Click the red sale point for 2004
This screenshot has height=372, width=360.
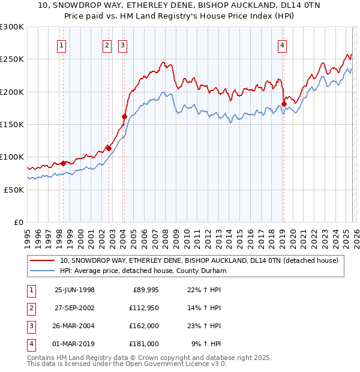(124, 116)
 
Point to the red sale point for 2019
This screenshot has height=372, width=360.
(283, 104)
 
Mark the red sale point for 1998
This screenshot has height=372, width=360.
(63, 163)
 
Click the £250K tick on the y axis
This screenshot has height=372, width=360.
(13, 59)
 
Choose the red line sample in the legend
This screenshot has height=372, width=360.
(42, 260)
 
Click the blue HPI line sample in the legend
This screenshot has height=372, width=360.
(42, 271)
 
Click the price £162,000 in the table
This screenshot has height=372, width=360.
(145, 326)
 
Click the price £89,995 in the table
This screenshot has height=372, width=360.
(145, 290)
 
